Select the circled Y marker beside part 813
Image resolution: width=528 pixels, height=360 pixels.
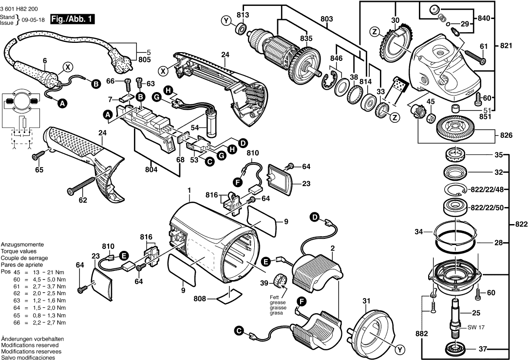(x=226, y=20)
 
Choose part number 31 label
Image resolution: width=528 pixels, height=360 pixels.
(x=366, y=301)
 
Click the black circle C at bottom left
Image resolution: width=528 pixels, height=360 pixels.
(x=239, y=331)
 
